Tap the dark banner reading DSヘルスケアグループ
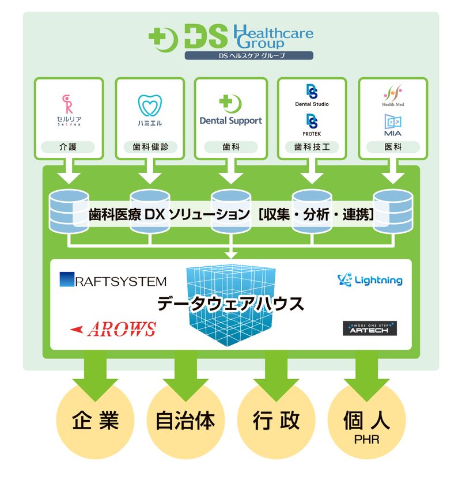click(x=249, y=56)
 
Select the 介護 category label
click(x=69, y=147)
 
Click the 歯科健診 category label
click(x=149, y=147)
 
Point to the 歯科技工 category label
click(x=312, y=147)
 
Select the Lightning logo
click(x=370, y=280)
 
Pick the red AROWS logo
click(x=113, y=329)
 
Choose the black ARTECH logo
click(x=370, y=328)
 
